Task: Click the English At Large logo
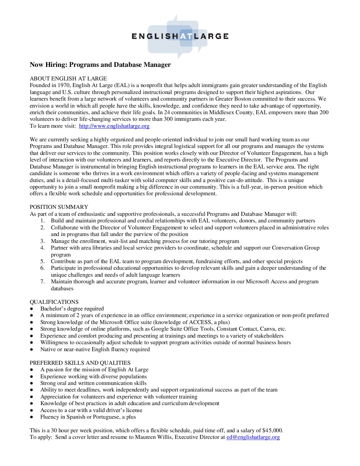pos(180,36)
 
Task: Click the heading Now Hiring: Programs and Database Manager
pos(100,65)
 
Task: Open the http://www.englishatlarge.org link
pos(114,126)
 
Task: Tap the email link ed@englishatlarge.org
pos(253,437)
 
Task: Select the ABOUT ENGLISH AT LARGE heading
pos(68,79)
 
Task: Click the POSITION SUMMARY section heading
pos(59,207)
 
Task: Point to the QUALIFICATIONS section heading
pos(54,302)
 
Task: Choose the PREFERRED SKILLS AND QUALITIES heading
pos(80,363)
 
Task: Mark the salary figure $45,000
pos(272,431)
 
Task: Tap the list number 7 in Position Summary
pos(43,282)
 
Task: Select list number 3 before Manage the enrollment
pos(43,241)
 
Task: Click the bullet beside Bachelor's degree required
pos(32,309)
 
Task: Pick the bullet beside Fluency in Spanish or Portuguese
pos(32,417)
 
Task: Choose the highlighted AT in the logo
pos(186,36)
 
